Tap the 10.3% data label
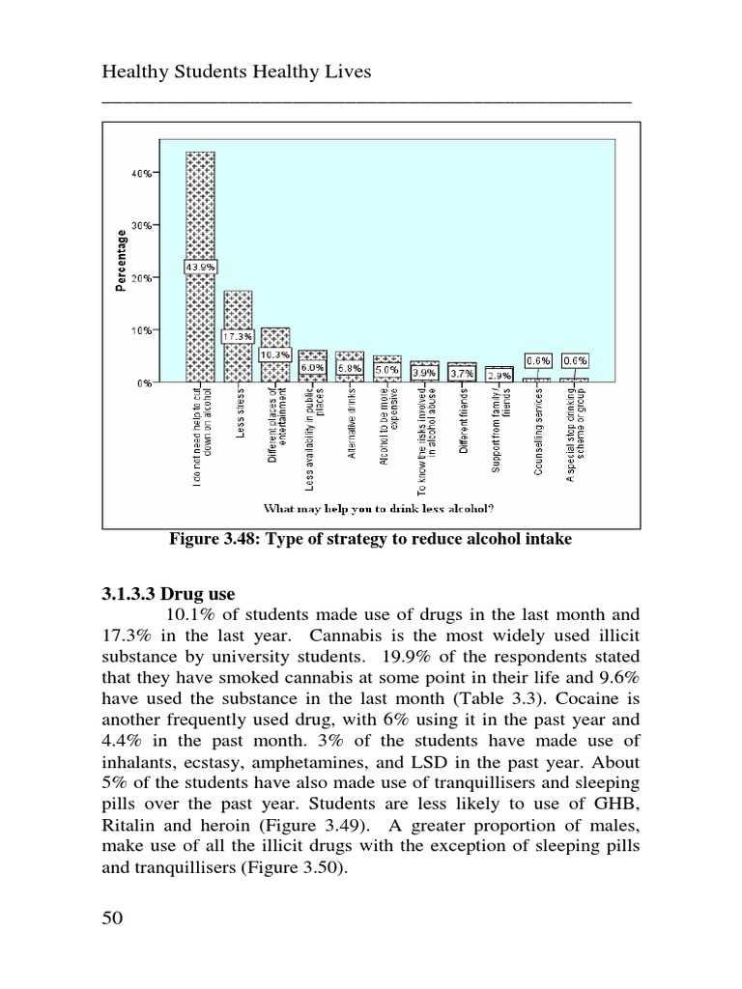275,354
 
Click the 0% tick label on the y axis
145,383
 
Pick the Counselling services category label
538,432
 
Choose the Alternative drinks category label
353,424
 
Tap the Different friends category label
464,425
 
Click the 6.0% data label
312,368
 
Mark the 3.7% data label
462,373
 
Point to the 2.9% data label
499,375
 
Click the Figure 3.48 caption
371,539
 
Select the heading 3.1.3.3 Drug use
162,594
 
